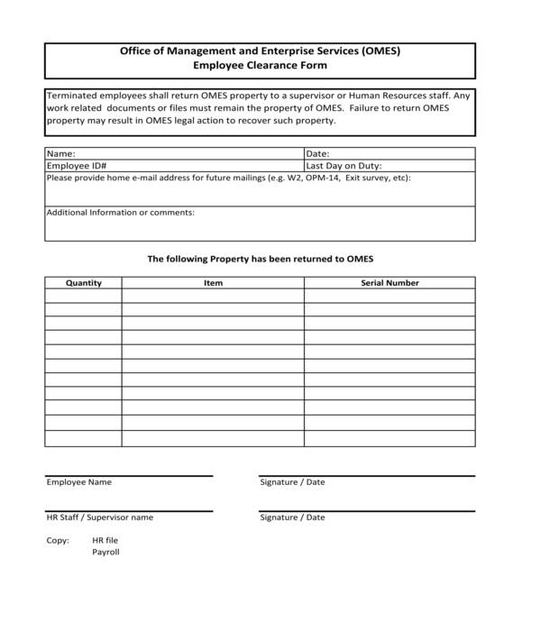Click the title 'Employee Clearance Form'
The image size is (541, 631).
260,66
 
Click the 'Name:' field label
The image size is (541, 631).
60,154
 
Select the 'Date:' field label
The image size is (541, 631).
318,154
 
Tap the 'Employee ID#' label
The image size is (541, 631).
77,166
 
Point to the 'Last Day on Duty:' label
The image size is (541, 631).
344,166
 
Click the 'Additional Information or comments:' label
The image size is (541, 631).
120,213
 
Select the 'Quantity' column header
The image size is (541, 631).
84,283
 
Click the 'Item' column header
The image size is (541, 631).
213,283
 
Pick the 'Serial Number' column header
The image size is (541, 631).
390,283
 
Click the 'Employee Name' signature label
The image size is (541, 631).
79,482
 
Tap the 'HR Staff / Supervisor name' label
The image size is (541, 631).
100,517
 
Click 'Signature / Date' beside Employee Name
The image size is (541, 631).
292,482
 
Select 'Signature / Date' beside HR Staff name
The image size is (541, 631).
292,517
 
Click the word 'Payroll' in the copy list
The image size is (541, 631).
105,552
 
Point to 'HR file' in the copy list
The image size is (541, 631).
105,540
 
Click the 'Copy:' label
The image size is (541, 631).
58,540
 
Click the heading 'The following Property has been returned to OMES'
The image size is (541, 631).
260,259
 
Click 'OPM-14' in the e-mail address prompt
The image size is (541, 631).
323,178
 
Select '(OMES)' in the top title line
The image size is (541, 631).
381,51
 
